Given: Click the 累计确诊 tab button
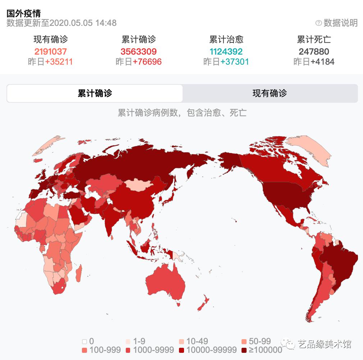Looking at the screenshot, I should (x=95, y=93).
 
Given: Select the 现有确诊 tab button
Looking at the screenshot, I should (x=270, y=93).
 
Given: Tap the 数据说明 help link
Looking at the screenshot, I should (x=337, y=23).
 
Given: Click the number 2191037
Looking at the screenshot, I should (x=51, y=51).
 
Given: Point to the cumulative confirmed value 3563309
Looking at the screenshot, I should (x=139, y=51).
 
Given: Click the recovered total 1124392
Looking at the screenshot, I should (x=226, y=51).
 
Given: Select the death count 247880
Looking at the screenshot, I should (x=314, y=51).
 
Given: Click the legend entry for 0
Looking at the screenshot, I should (x=88, y=341).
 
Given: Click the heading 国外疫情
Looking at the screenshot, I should (x=24, y=14).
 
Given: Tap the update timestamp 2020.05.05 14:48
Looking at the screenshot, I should (x=83, y=23).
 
